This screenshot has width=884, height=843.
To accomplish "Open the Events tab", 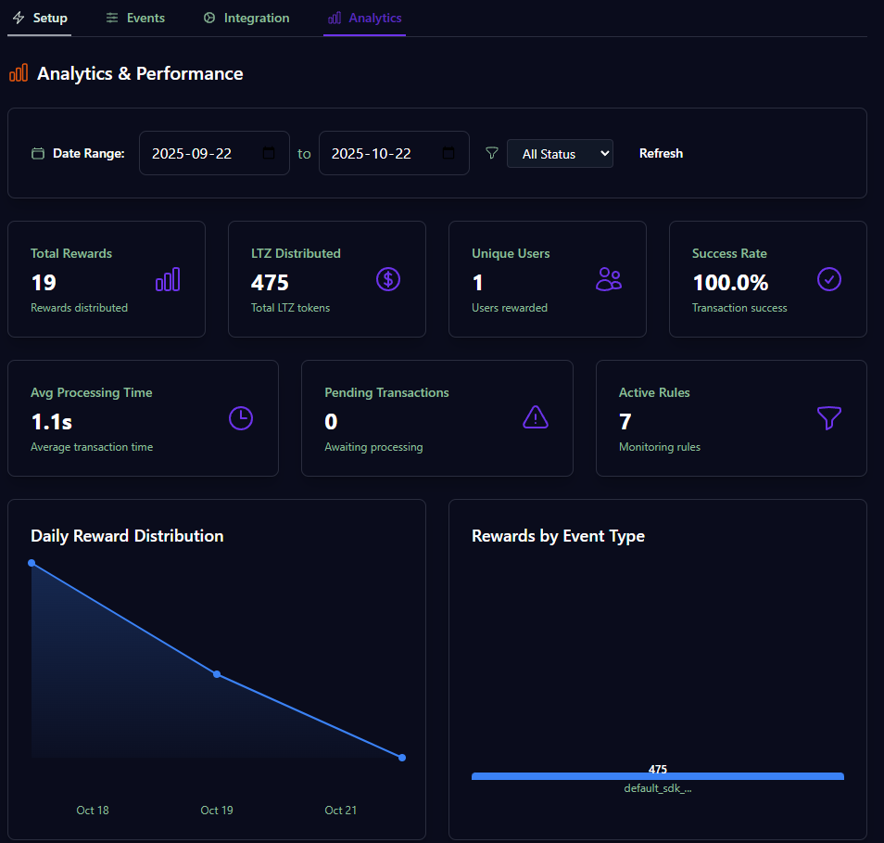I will [x=135, y=18].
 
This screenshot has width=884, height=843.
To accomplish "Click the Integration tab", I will [x=246, y=18].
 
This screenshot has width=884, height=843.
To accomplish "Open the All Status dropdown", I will [x=560, y=154].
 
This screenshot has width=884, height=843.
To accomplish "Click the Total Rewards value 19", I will [x=44, y=282].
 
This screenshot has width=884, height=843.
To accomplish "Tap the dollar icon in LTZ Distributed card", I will [x=388, y=279].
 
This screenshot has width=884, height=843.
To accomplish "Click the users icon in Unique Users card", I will [x=609, y=279].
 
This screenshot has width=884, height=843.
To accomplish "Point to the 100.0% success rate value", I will [x=730, y=282].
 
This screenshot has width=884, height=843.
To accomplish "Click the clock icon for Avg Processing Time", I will [x=241, y=418].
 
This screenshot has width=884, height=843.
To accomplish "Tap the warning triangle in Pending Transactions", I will [x=536, y=418].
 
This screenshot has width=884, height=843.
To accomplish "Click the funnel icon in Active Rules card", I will [x=829, y=418].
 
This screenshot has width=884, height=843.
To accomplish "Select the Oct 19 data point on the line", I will [x=217, y=674].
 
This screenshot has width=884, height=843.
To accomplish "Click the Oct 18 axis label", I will [x=93, y=811].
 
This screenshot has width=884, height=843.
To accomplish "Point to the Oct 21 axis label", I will [x=340, y=811].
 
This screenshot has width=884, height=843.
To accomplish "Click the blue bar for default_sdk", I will [x=657, y=776].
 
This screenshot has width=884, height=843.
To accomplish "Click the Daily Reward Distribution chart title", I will [x=127, y=536].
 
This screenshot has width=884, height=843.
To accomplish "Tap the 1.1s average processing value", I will [x=52, y=422].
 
